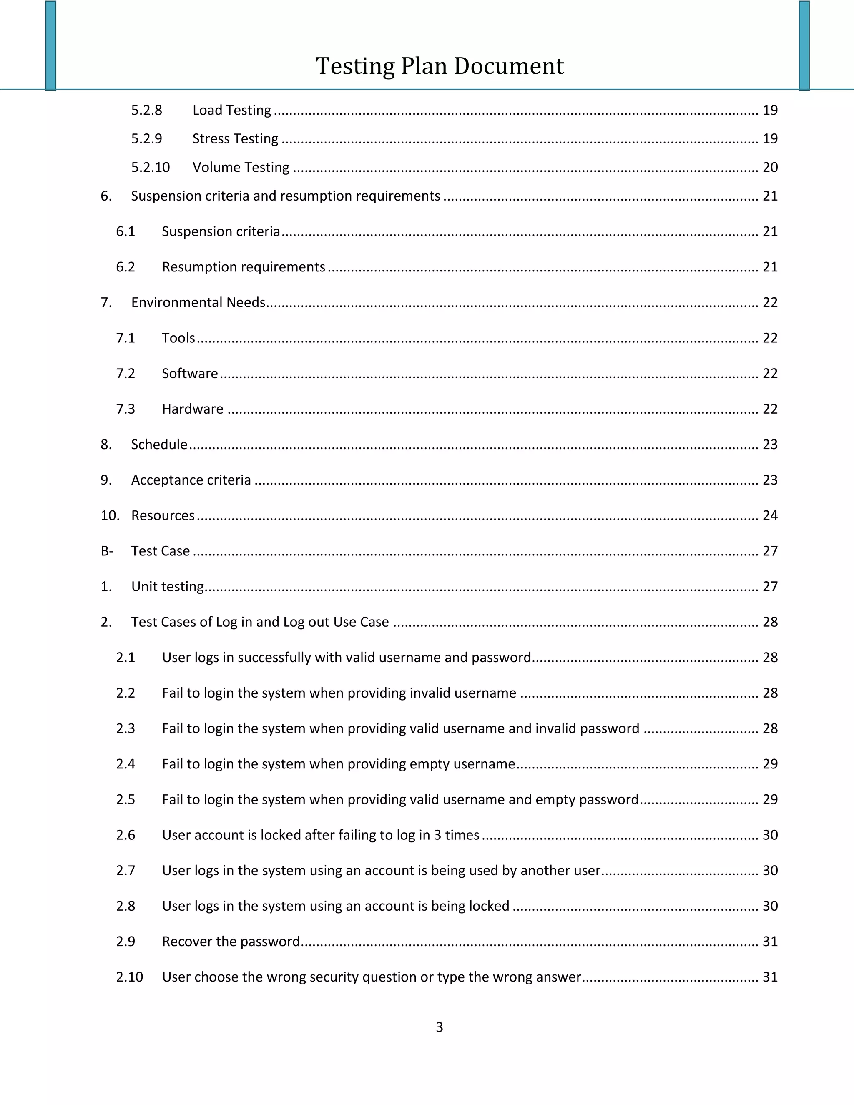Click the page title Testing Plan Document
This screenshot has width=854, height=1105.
click(x=439, y=66)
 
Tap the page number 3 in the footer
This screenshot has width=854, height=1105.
click(x=439, y=1027)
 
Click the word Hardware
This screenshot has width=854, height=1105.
click(x=192, y=409)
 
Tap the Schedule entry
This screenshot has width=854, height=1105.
click(x=159, y=444)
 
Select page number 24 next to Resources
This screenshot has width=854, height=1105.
click(x=769, y=515)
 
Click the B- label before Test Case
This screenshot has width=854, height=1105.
click(x=107, y=550)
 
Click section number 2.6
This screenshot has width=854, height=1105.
click(x=126, y=835)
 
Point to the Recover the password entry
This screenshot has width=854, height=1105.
click(x=231, y=941)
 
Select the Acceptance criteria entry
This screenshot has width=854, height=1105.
click(x=191, y=480)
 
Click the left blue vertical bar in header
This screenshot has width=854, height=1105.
click(x=50, y=45)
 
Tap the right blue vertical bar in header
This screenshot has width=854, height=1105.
click(x=804, y=45)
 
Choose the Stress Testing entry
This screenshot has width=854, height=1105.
click(x=235, y=138)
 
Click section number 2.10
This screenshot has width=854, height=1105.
click(x=130, y=977)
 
